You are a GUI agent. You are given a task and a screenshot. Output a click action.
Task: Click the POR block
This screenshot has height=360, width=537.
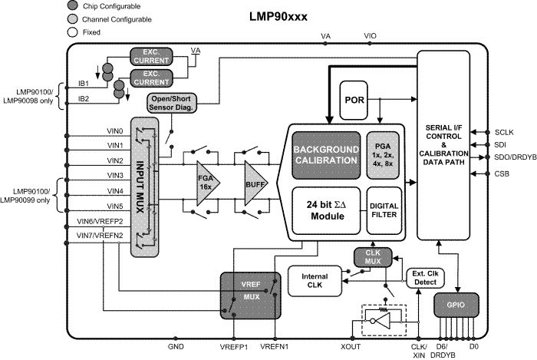click(354, 101)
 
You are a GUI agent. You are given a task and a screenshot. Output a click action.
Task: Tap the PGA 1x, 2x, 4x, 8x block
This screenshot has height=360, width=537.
click(384, 154)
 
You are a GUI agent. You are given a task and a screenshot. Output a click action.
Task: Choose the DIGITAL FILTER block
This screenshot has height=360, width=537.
click(384, 210)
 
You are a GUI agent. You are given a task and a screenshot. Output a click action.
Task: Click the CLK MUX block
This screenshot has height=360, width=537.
click(373, 257)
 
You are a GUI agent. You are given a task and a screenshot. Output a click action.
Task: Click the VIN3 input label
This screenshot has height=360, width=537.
click(94, 176)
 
